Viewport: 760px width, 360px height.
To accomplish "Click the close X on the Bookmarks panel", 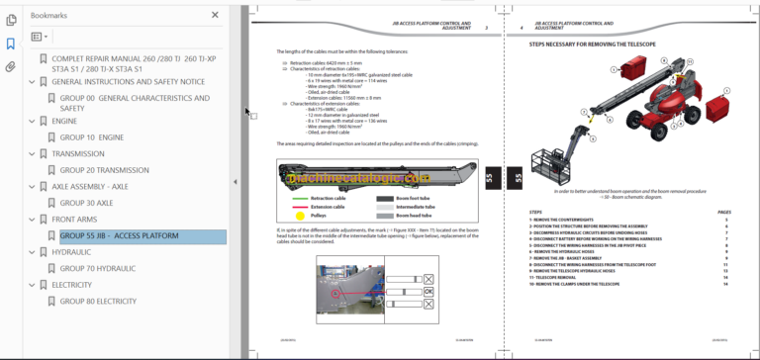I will click(216, 16).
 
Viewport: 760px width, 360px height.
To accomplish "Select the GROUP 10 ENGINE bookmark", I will click(92, 137).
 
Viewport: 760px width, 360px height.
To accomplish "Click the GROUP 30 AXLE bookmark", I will click(86, 203).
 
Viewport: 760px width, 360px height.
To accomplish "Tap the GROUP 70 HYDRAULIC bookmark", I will click(98, 268).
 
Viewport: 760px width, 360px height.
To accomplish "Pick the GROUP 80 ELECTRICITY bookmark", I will click(98, 301).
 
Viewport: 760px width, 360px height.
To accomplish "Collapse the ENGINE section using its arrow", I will click(32, 122).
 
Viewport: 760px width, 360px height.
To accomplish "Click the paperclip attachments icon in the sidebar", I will click(11, 67).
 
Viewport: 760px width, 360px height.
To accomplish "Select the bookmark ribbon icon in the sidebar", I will click(11, 44).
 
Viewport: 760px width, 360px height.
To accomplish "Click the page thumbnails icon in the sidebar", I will click(11, 20).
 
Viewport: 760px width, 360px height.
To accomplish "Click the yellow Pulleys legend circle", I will click(300, 214).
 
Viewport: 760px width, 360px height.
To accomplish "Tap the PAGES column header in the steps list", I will click(723, 212).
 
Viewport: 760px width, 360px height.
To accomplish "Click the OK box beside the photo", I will click(428, 292).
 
